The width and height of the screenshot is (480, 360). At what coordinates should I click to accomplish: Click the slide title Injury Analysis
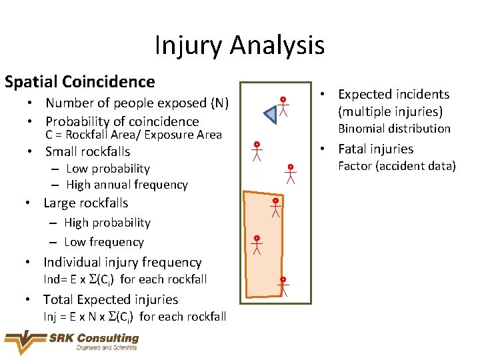pyautogui.click(x=239, y=45)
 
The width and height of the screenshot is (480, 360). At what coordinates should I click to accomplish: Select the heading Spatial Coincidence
pyautogui.click(x=79, y=82)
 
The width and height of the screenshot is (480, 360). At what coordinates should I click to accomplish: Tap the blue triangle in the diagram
pyautogui.click(x=272, y=115)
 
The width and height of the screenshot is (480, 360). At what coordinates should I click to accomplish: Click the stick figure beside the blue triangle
pyautogui.click(x=283, y=106)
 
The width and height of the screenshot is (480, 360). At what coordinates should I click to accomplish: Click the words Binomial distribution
pyautogui.click(x=394, y=129)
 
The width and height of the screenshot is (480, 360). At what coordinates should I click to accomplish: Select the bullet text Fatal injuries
pyautogui.click(x=375, y=149)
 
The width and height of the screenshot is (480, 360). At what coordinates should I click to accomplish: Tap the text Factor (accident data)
pyautogui.click(x=397, y=166)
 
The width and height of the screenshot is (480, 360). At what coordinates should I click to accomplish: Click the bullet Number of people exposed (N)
pyautogui.click(x=137, y=103)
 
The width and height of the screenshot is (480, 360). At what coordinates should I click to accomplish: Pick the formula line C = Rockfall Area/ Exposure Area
pyautogui.click(x=133, y=135)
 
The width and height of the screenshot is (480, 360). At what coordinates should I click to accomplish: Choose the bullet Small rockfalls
pyautogui.click(x=87, y=151)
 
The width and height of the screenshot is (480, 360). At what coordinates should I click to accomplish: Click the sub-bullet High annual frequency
pyautogui.click(x=127, y=185)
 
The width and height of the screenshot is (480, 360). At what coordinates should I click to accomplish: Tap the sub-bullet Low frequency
pyautogui.click(x=103, y=242)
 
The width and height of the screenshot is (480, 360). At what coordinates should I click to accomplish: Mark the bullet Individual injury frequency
pyautogui.click(x=122, y=262)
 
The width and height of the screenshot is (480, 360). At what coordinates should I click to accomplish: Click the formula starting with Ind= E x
pyautogui.click(x=125, y=279)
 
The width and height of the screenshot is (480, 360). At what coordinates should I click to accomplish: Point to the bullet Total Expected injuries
pyautogui.click(x=111, y=299)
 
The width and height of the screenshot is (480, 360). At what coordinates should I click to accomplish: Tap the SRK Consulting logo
pyautogui.click(x=72, y=342)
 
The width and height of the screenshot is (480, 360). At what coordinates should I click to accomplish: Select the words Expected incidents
pyautogui.click(x=393, y=95)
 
